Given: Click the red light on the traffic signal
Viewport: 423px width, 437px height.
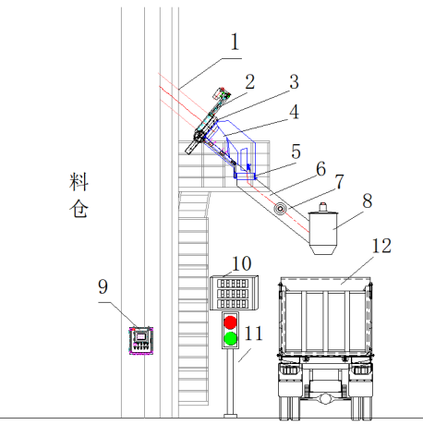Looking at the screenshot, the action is click(230, 322).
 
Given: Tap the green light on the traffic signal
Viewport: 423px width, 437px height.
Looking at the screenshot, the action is click(230, 338).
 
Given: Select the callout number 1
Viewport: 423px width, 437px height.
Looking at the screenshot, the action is click(235, 42).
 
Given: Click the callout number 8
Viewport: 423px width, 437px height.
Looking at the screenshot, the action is click(367, 200).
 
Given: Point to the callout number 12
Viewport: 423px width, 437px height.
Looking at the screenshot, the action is click(381, 246).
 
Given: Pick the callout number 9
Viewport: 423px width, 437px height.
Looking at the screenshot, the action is click(103, 286).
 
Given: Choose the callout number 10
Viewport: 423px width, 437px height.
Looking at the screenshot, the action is click(242, 263).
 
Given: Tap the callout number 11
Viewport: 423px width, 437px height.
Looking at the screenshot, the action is click(254, 334).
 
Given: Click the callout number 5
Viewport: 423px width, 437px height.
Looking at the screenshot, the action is click(296, 152).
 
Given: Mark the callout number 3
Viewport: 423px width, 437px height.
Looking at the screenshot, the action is click(295, 82).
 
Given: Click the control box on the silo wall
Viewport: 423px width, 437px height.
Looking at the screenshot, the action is click(141, 341).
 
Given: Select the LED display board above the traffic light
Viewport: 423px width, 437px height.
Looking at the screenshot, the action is click(234, 293).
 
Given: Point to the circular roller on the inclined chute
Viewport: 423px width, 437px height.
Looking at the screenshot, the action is click(280, 209).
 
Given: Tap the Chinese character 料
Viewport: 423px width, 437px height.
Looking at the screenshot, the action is click(79, 182).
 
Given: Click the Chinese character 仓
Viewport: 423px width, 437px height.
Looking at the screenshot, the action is click(79, 209).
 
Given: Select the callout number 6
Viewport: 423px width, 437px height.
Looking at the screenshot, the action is click(321, 169).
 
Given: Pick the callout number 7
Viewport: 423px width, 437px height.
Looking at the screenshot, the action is click(339, 182).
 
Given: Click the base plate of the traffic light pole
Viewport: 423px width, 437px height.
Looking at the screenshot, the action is click(230, 416).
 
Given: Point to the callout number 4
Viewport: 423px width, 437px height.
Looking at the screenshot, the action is click(295, 112).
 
